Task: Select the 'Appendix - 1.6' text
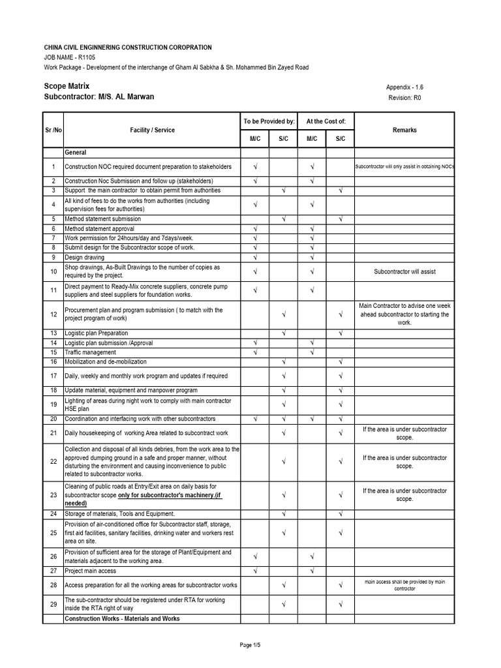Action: tap(409, 87)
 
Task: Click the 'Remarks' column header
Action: tap(404, 130)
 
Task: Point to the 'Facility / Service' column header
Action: tap(152, 130)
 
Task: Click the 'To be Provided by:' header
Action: tap(269, 121)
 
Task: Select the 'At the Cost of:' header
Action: tap(326, 121)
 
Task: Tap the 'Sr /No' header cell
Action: tap(53, 130)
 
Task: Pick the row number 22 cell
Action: tap(53, 462)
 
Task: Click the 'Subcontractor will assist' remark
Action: tap(404, 271)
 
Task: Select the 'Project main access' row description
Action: tap(91, 570)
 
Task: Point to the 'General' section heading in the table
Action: tap(76, 152)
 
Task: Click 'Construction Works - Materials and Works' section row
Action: tap(121, 618)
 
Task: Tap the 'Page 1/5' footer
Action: tap(250, 645)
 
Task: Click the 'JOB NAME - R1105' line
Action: tap(69, 57)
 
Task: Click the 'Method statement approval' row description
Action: tap(99, 229)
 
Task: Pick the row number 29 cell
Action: tap(53, 605)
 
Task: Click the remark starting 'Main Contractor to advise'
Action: tap(404, 314)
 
